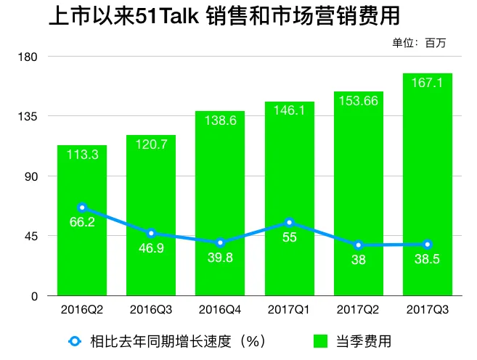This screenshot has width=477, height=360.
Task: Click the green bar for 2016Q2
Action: click(x=82, y=221)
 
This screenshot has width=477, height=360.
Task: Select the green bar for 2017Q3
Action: click(x=428, y=184)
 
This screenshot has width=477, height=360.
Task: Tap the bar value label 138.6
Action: click(x=220, y=120)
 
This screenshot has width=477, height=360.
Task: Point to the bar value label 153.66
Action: click(x=359, y=101)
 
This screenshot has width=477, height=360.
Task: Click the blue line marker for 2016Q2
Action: click(x=82, y=208)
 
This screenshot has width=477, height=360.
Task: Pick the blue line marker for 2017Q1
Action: click(x=289, y=223)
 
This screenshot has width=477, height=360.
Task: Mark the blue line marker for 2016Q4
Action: click(x=220, y=242)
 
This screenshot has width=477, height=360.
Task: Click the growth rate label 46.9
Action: click(x=151, y=248)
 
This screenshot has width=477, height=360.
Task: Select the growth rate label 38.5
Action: click(x=427, y=259)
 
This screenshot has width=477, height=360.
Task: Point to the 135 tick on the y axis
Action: click(x=28, y=116)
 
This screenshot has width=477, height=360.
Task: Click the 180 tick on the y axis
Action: click(x=28, y=57)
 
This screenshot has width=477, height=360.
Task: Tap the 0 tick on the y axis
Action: click(x=34, y=296)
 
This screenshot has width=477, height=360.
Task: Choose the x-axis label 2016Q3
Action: click(x=151, y=310)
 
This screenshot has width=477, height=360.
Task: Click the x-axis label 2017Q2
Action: click(x=358, y=310)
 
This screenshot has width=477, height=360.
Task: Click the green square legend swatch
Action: click(x=321, y=341)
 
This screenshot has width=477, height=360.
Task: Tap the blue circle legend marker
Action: click(x=75, y=341)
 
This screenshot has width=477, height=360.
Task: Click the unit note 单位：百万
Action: click(x=419, y=43)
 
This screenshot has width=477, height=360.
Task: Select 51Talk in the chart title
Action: click(x=167, y=16)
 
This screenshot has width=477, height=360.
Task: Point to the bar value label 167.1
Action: click(x=427, y=83)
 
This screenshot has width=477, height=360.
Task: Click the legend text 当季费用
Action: click(x=364, y=341)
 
